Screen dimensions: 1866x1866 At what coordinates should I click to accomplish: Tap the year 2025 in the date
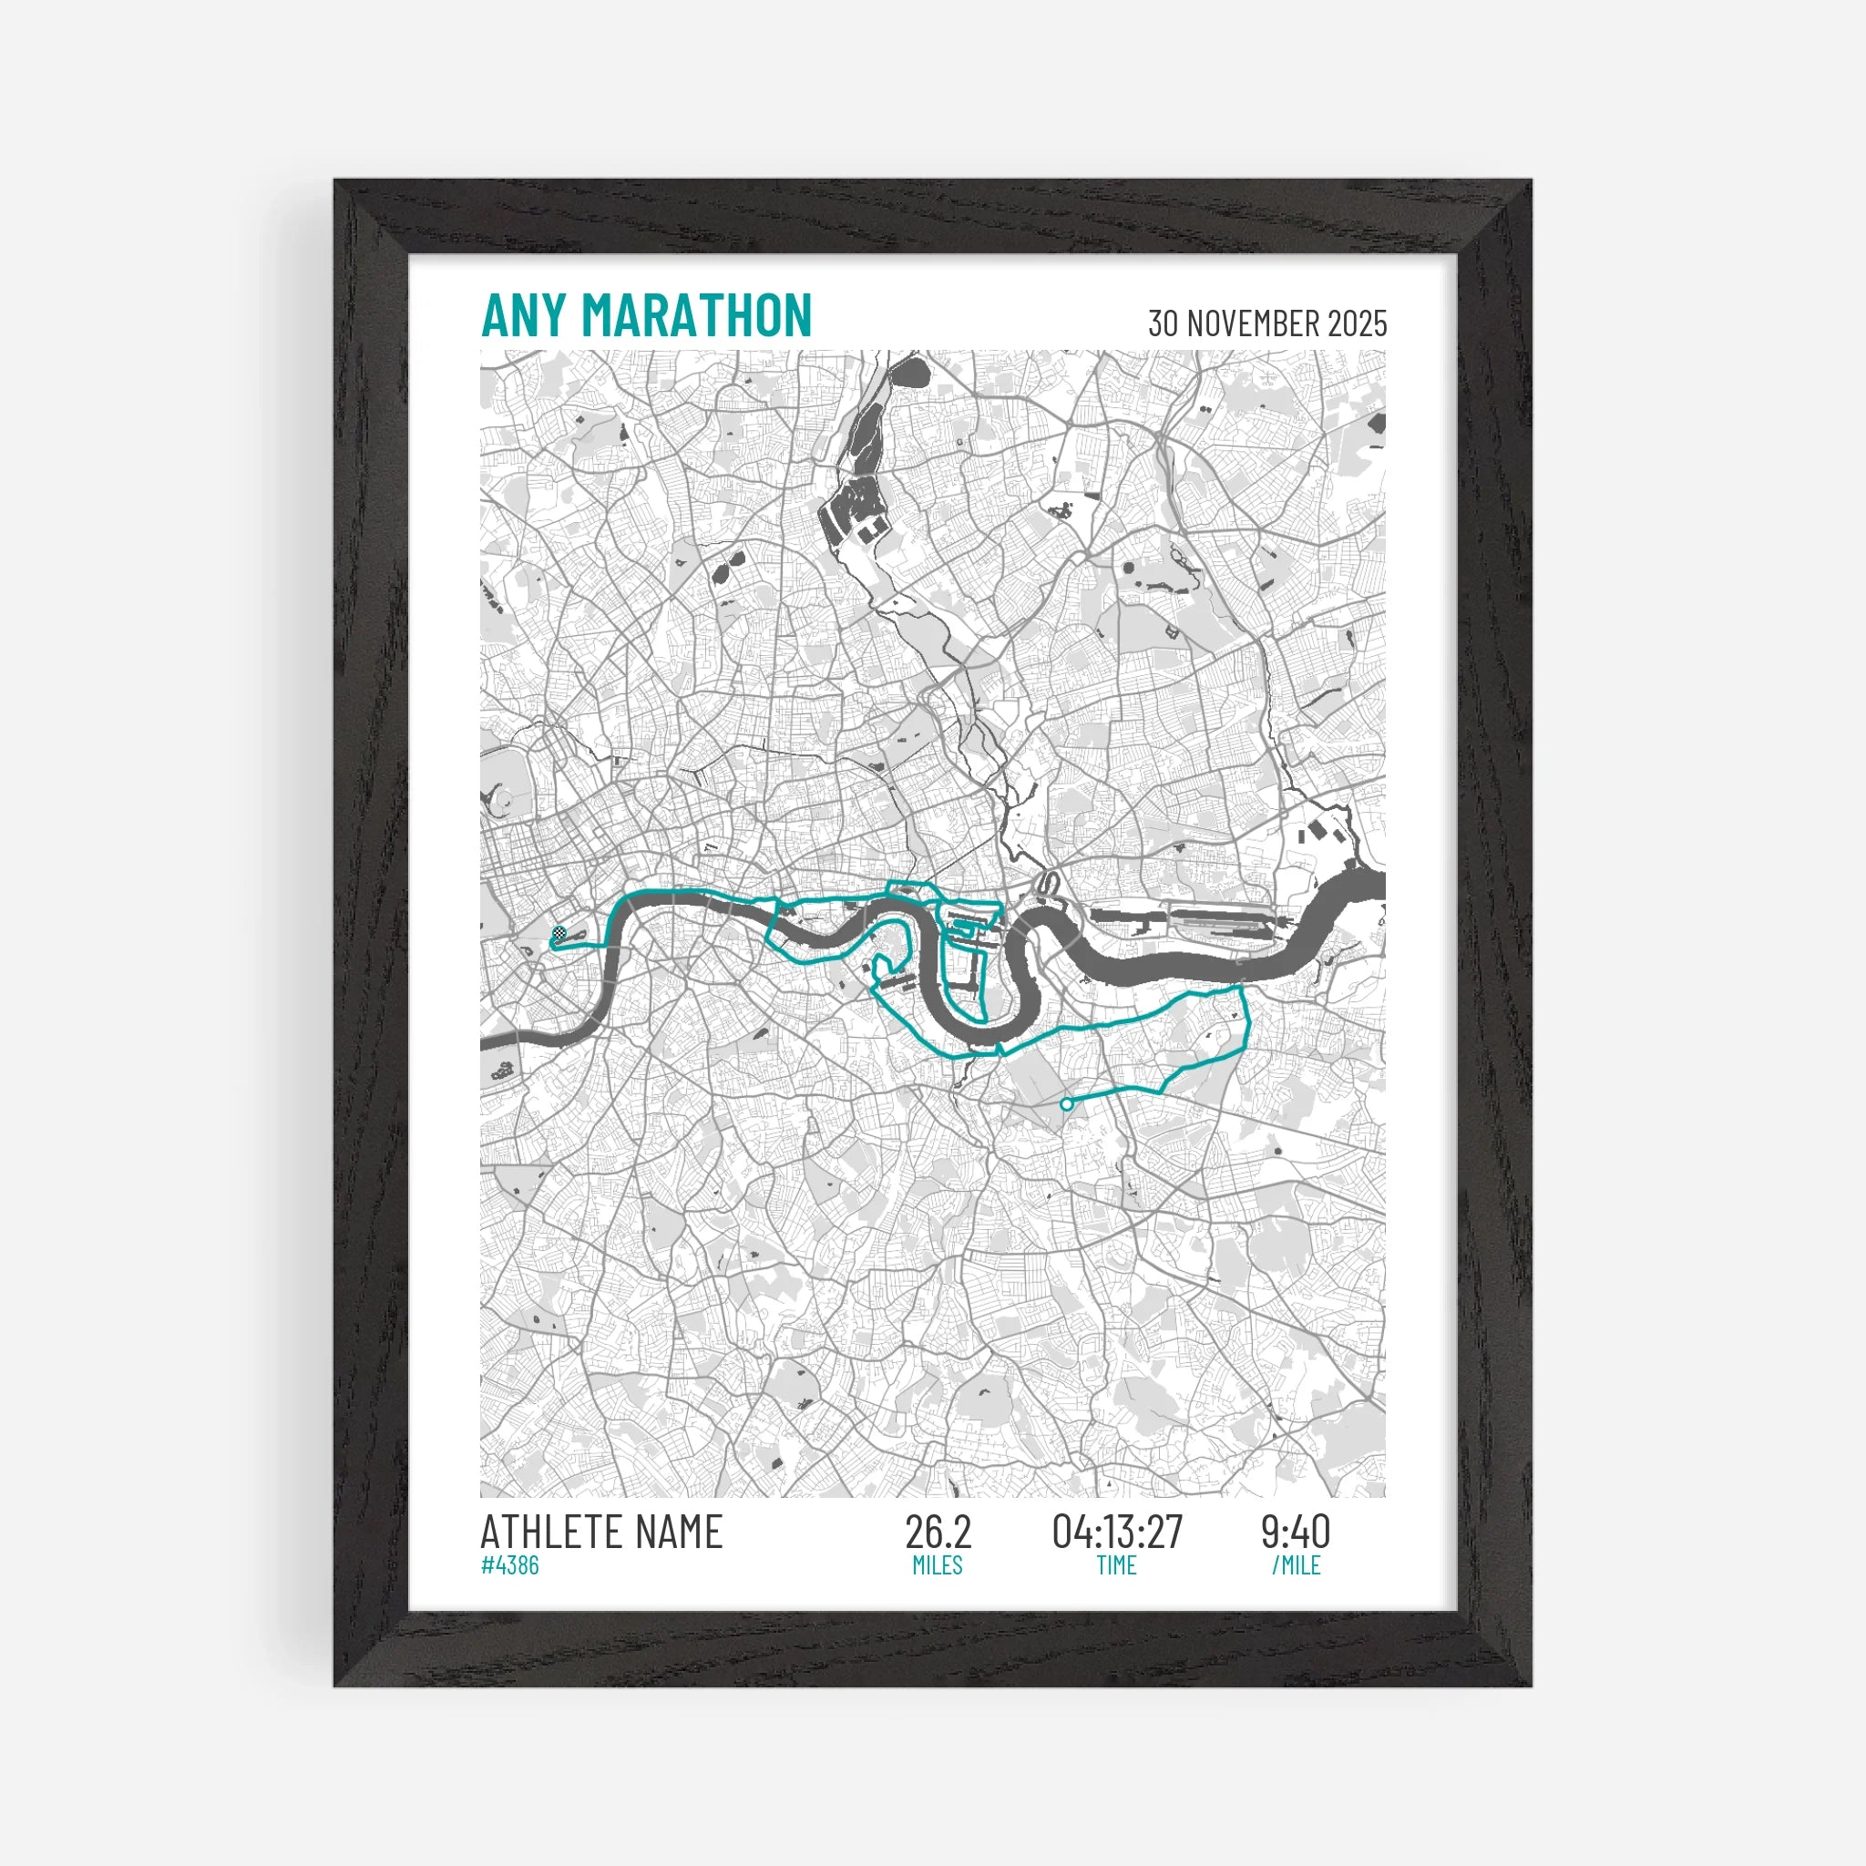(1357, 323)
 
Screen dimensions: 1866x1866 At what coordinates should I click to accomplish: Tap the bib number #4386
(510, 1564)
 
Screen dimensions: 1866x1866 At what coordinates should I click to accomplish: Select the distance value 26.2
(938, 1532)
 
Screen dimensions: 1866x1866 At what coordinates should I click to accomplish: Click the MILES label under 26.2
(938, 1565)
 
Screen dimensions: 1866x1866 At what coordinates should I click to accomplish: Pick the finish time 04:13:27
(1117, 1532)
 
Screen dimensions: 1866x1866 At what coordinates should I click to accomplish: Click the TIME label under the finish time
(1116, 1565)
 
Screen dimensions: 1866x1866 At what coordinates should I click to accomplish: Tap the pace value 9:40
(1296, 1532)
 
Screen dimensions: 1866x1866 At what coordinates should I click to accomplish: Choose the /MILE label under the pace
(1296, 1565)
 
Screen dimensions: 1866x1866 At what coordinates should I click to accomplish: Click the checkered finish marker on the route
(559, 934)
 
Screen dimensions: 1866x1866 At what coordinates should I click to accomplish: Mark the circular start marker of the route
(1066, 1103)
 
